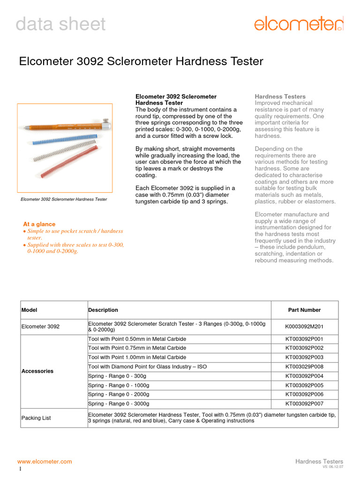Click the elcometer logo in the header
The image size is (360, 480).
click(299, 23)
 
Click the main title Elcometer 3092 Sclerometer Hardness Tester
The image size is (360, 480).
click(141, 61)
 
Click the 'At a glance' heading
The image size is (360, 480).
click(39, 224)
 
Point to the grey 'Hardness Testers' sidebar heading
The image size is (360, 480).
click(280, 97)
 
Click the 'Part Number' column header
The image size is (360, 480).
click(304, 310)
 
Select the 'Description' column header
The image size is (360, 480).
click(103, 310)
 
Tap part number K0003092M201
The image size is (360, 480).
click(304, 327)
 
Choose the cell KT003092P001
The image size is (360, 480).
click(304, 339)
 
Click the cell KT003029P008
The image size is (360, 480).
click(304, 367)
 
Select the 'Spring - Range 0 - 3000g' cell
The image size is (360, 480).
click(119, 404)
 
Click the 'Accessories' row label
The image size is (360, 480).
click(37, 371)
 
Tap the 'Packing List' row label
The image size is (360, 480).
click(36, 418)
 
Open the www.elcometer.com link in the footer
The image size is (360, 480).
click(45, 462)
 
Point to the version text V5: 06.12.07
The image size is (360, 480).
click(332, 467)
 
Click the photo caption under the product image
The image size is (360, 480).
click(64, 199)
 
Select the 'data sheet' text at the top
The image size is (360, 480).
click(60, 24)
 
